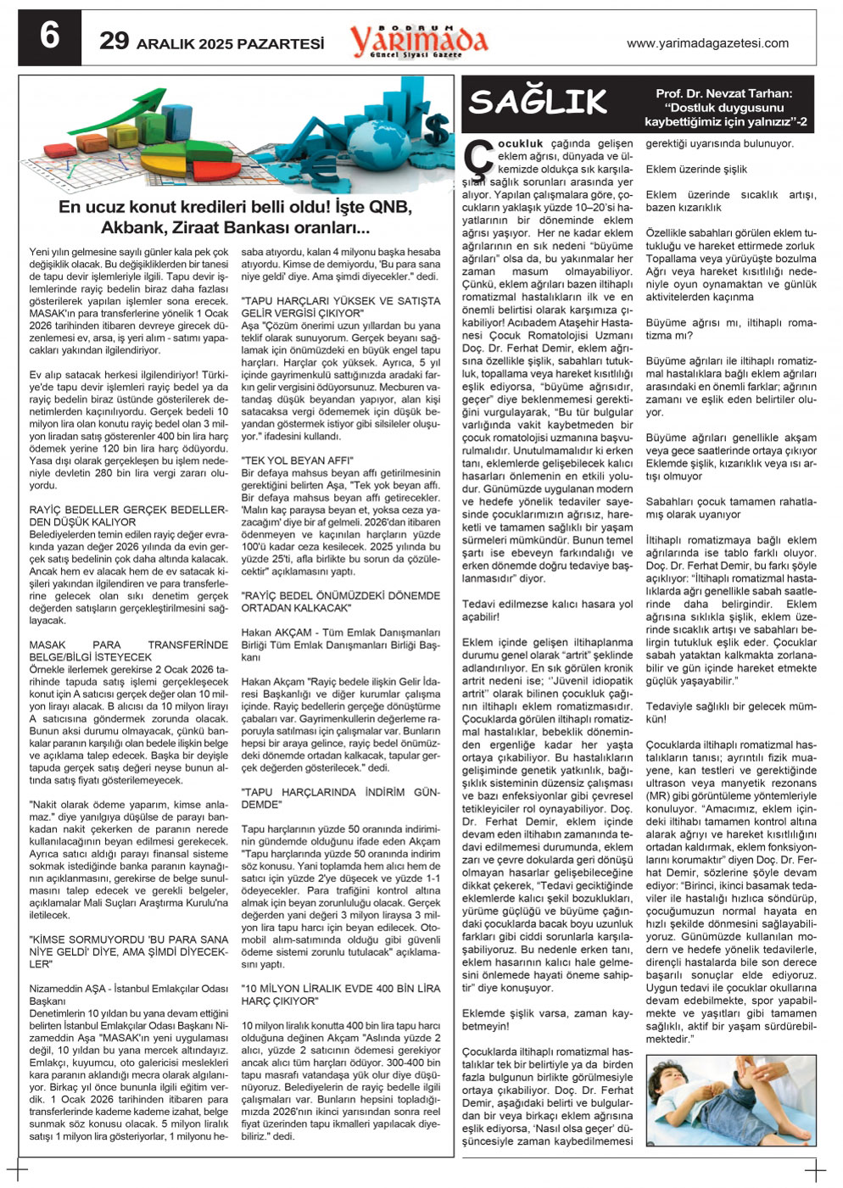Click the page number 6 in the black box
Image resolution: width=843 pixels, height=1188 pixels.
[49, 37]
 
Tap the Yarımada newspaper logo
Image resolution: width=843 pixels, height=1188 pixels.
[419, 40]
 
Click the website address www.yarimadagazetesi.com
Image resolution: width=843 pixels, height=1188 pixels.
[707, 43]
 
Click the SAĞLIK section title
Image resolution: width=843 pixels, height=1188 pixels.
[538, 103]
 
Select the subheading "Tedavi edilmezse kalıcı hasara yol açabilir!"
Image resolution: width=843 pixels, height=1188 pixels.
[547, 611]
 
